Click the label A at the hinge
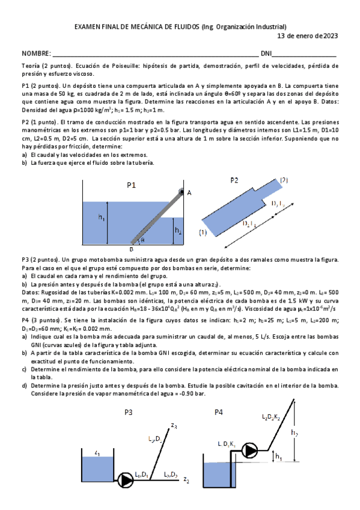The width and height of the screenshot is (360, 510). [x=189, y=192]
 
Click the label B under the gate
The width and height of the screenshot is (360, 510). [x=131, y=248]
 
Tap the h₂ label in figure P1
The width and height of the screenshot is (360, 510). [x=177, y=230]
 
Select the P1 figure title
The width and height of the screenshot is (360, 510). [x=131, y=186]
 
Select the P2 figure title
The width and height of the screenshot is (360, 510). [x=234, y=180]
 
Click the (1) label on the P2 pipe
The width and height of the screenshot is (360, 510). [x=203, y=232]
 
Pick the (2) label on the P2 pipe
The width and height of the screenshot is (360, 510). [x=284, y=180]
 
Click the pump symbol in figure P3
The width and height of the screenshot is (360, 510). [x=126, y=479]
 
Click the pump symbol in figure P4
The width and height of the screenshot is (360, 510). [x=249, y=450]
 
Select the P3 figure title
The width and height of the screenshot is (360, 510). [x=129, y=412]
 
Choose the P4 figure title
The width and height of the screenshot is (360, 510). [x=219, y=412]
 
